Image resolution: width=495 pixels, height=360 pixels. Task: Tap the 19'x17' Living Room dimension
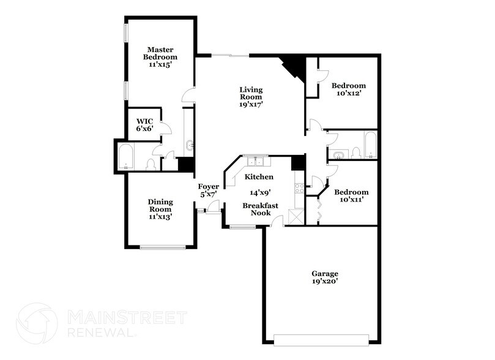pyautogui.click(x=251, y=105)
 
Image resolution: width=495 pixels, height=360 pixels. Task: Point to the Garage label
pyautogui.click(x=324, y=274)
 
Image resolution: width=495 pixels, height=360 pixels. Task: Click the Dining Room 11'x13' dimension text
pyautogui.click(x=160, y=216)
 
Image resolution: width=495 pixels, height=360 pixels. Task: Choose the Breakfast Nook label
pyautogui.click(x=261, y=209)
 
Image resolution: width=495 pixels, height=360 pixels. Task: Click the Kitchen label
pyautogui.click(x=259, y=177)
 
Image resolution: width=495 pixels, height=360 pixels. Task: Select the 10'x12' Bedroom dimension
pyautogui.click(x=349, y=93)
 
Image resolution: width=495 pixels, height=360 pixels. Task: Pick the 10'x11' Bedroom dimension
pyautogui.click(x=351, y=200)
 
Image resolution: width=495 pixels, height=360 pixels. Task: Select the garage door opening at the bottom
pyautogui.click(x=322, y=339)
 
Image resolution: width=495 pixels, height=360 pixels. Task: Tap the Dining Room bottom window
pyautogui.click(x=162, y=247)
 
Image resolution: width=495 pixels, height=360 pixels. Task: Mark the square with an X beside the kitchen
pyautogui.click(x=296, y=216)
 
